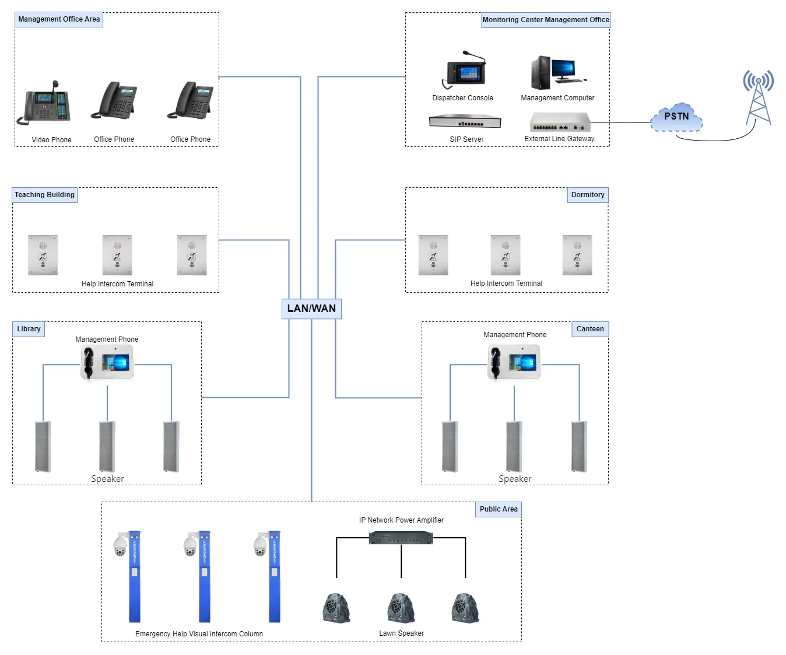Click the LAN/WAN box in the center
[311, 309]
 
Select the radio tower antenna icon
[758, 97]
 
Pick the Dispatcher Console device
[464, 71]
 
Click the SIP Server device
[465, 121]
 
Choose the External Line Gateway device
[560, 122]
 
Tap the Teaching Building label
[45, 195]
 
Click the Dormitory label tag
[588, 195]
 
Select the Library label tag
[29, 329]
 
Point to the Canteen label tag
[590, 329]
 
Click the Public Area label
[499, 509]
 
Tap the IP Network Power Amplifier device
[401, 538]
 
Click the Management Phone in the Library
[107, 362]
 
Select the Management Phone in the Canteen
[514, 362]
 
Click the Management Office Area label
[59, 19]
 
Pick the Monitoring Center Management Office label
[546, 20]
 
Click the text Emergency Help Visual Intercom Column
[199, 634]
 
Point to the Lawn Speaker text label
[401, 633]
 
